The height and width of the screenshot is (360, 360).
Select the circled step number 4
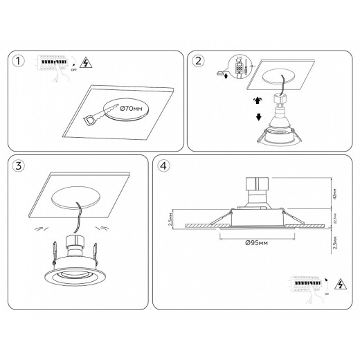(163, 166)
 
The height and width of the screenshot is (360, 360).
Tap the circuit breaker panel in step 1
(53, 62)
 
